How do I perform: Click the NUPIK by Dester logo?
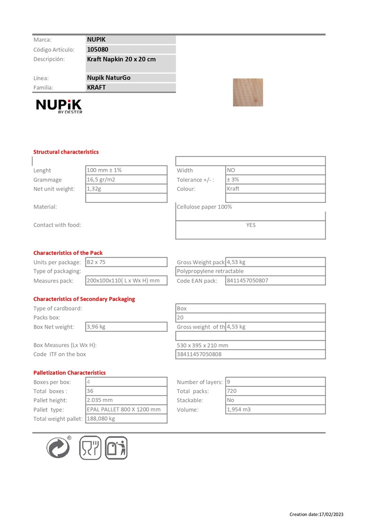(59, 106)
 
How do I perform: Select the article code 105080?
(98, 49)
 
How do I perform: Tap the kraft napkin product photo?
(248, 92)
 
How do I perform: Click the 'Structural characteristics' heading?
(66, 152)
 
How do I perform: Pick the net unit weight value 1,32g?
(94, 189)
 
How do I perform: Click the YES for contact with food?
(251, 225)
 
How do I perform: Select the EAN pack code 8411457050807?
(248, 281)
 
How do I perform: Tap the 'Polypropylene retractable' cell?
(210, 271)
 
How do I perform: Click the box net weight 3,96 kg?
(96, 327)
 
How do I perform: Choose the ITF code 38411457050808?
(199, 354)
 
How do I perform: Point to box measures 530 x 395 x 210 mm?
(203, 345)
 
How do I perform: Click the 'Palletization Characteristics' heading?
(70, 373)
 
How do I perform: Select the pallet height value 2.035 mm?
(100, 400)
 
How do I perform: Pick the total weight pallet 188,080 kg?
(101, 419)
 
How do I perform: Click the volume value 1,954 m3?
(239, 409)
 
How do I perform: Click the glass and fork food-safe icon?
(90, 447)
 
